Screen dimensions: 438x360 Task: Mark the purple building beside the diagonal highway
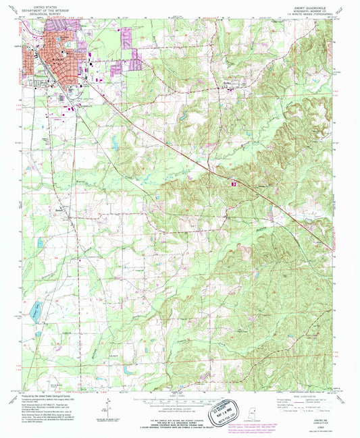click(x=233, y=182)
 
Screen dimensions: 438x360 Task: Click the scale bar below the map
click(x=180, y=398)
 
